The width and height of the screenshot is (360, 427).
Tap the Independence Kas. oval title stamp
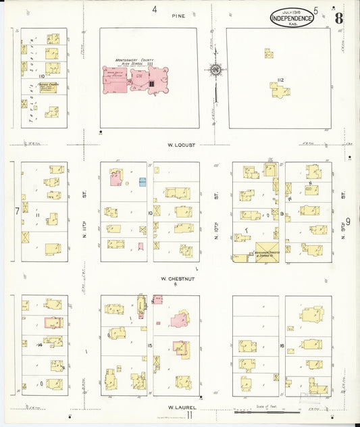292,18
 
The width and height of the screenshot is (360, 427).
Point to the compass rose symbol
215,69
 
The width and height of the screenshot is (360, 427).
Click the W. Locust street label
181,144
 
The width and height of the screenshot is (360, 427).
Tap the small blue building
143,182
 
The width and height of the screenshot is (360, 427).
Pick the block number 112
280,80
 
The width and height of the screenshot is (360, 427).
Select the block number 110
41,76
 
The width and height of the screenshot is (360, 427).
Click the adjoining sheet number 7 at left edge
17,211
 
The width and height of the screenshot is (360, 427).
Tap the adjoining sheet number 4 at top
154,9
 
